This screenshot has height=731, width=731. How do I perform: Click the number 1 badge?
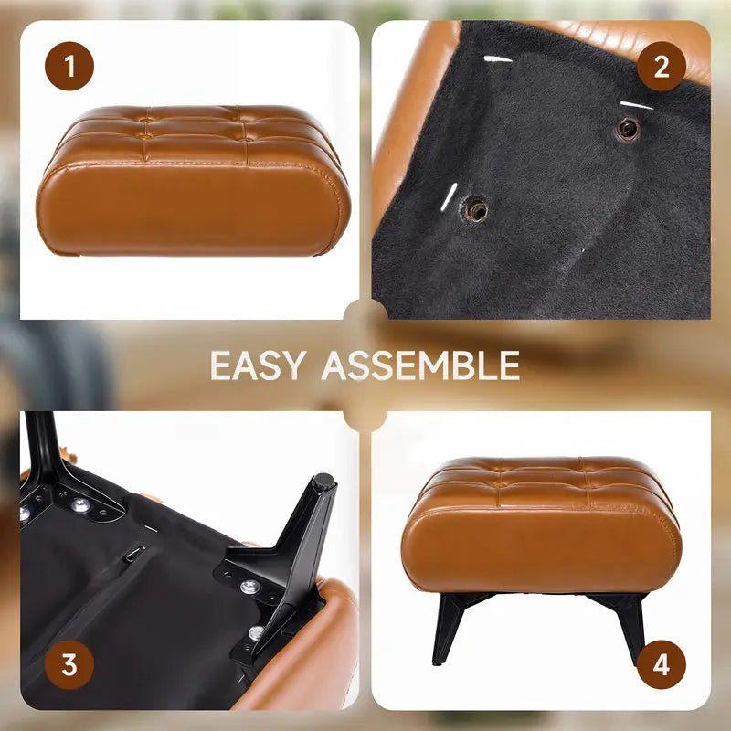point(69,66)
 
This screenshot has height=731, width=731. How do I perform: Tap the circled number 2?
point(661,66)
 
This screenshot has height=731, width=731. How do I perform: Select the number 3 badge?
point(69,664)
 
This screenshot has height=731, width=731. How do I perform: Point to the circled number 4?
point(661,664)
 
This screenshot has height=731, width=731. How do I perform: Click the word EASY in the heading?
point(259,365)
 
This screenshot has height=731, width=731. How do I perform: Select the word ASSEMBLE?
point(420,365)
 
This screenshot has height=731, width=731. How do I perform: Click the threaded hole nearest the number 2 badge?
point(628,128)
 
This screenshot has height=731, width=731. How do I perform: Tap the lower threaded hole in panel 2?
point(475,209)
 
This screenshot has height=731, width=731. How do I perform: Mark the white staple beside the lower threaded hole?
point(449,196)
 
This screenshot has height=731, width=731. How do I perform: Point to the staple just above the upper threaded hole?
point(636,105)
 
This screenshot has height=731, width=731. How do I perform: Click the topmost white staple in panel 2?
point(498,59)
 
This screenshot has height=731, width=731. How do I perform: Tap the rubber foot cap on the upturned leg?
point(324,481)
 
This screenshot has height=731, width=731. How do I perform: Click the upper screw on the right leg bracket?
point(249,586)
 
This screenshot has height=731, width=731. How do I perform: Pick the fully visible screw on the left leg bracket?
point(80,504)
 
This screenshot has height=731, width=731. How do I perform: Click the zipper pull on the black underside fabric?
point(134,552)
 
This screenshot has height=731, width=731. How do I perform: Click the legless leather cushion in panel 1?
point(193,181)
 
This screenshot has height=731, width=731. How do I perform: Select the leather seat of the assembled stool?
point(541,524)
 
